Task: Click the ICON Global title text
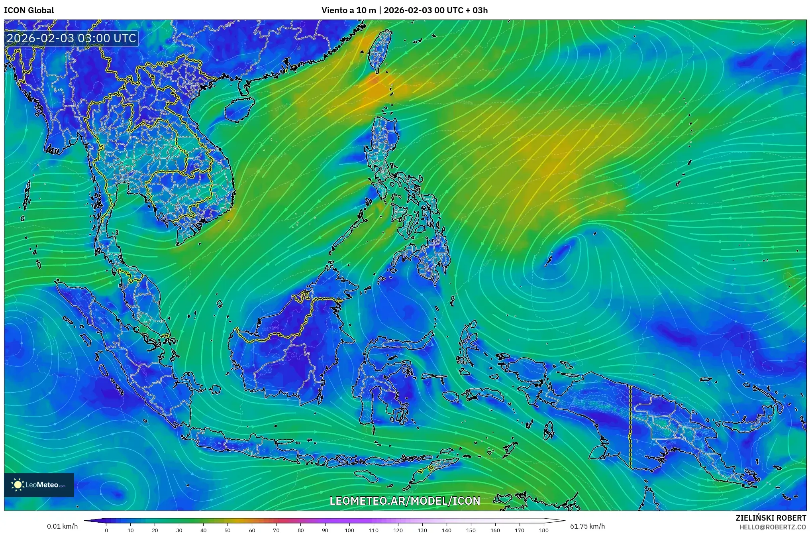point(29,10)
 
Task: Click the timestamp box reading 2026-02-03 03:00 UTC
point(72,38)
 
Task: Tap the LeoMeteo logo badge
point(39,485)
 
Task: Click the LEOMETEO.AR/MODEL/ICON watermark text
point(405,501)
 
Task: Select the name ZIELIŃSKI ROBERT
point(771,518)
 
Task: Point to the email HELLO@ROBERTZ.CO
point(773,527)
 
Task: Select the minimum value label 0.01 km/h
point(62,527)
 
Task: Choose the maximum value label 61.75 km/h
point(587,527)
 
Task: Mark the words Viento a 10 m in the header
point(348,10)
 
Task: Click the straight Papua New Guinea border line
point(630,427)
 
